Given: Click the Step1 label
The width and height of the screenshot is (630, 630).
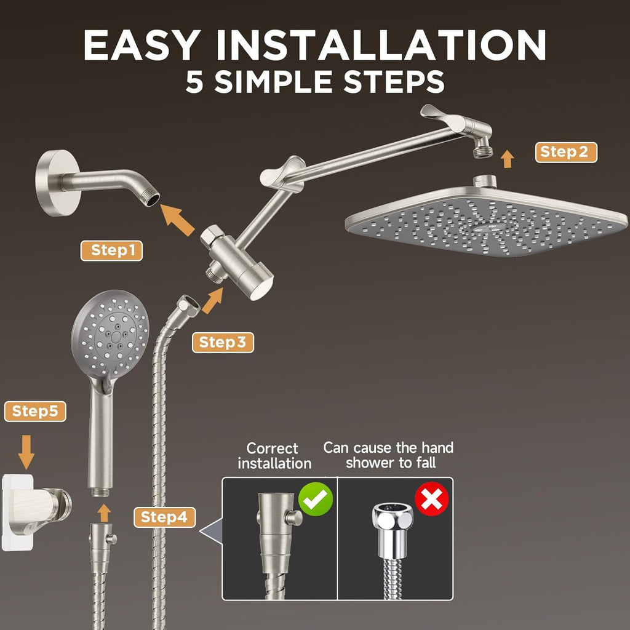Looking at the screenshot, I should click(111, 250).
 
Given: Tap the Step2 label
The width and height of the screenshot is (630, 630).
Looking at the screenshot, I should click(565, 152).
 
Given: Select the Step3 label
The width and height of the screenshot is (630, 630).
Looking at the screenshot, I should click(223, 342).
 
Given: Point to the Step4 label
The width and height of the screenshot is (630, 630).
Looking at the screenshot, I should click(164, 517).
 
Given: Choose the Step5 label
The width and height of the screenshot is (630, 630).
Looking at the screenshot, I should click(35, 412).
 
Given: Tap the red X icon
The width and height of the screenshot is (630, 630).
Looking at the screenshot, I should click(432, 499).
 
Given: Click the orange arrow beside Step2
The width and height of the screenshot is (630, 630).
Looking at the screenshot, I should click(507, 159).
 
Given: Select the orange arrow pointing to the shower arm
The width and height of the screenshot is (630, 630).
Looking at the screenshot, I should click(178, 218).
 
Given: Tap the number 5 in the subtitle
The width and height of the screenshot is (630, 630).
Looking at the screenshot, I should click(194, 82).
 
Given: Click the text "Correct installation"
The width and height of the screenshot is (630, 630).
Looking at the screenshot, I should click(274, 455).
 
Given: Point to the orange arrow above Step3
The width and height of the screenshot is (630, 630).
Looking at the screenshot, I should click(212, 301).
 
